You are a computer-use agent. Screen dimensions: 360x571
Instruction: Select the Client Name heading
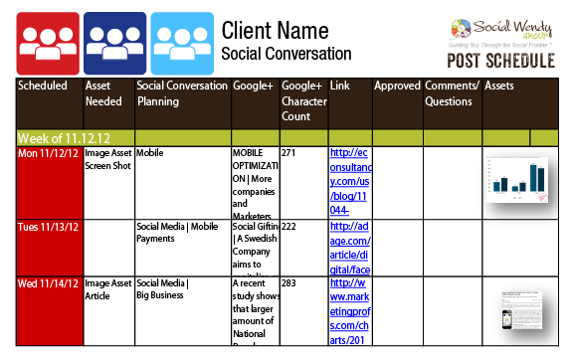(276, 30)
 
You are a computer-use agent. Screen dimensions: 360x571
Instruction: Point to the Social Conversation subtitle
(285, 53)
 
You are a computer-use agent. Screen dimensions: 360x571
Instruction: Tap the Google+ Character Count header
(302, 101)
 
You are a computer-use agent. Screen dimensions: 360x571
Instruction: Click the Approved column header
(397, 87)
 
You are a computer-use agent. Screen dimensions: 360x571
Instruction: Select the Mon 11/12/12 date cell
(47, 154)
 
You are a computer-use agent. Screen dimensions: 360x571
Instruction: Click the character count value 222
(290, 228)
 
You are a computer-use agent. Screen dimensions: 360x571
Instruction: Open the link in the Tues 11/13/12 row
(349, 247)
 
